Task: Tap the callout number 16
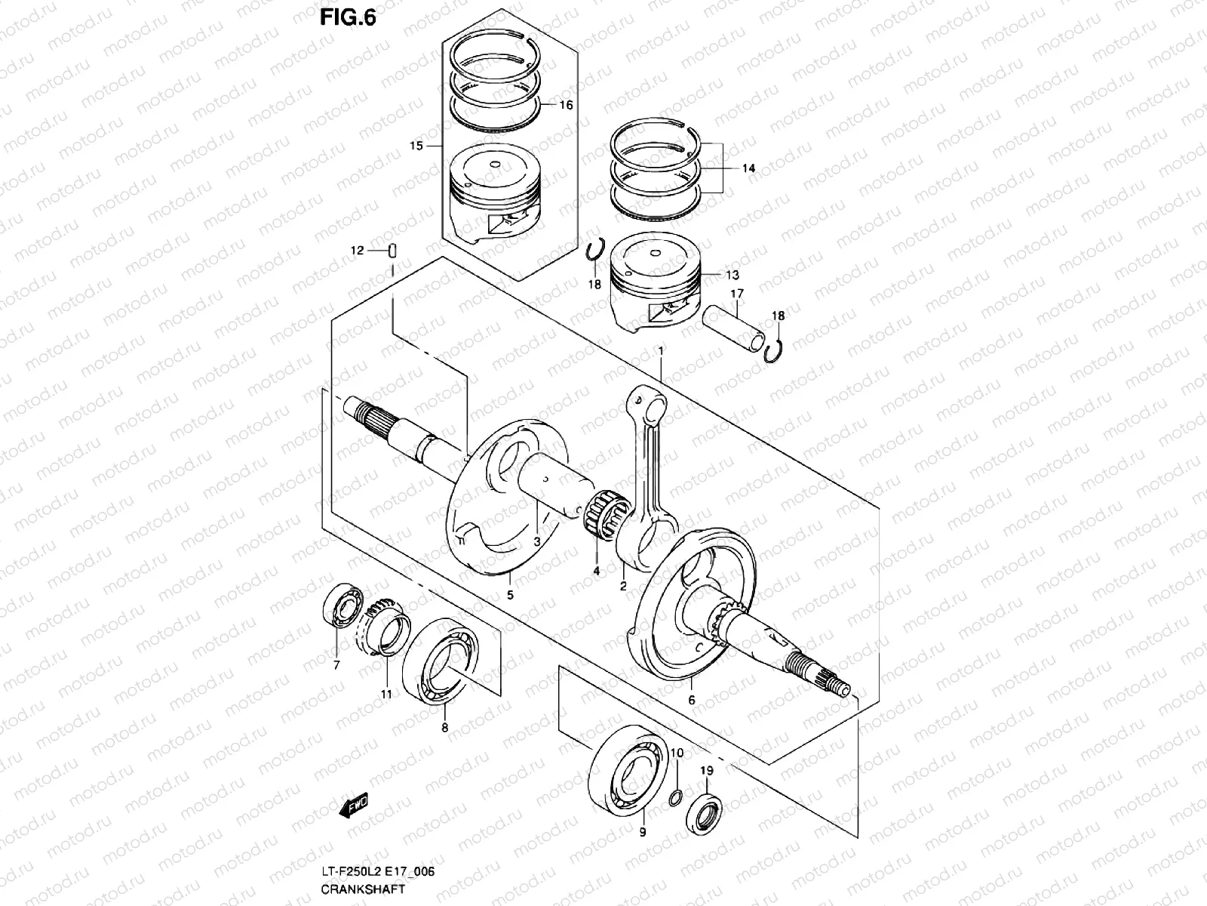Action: point(565,105)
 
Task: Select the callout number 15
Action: point(416,145)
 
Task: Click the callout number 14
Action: point(748,169)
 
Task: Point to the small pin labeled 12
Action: point(393,251)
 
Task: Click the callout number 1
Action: point(661,351)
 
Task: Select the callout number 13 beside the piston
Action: point(733,276)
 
